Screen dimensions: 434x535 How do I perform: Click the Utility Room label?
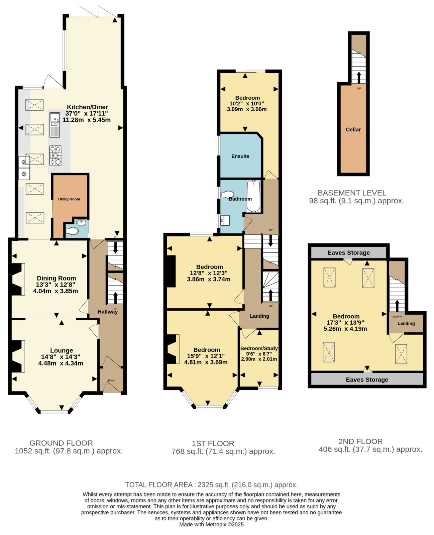click(69, 199)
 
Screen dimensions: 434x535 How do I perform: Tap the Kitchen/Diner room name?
click(87, 107)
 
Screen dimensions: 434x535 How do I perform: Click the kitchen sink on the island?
click(55, 125)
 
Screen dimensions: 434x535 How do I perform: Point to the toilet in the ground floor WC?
click(72, 231)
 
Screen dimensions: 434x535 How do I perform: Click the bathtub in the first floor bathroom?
click(253, 196)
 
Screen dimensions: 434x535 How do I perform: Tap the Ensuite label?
click(240, 156)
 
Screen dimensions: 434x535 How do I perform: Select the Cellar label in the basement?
click(353, 129)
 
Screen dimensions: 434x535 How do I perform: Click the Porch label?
click(112, 380)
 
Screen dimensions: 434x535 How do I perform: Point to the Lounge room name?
click(62, 350)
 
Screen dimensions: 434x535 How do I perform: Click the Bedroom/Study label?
click(259, 348)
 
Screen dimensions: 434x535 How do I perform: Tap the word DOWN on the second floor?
click(397, 316)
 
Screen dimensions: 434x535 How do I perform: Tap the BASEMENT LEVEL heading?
click(352, 193)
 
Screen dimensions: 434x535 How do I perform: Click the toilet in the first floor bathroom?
click(227, 194)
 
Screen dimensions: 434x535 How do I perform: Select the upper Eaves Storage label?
click(348, 252)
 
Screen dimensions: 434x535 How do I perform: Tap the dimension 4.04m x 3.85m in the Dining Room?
click(56, 291)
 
